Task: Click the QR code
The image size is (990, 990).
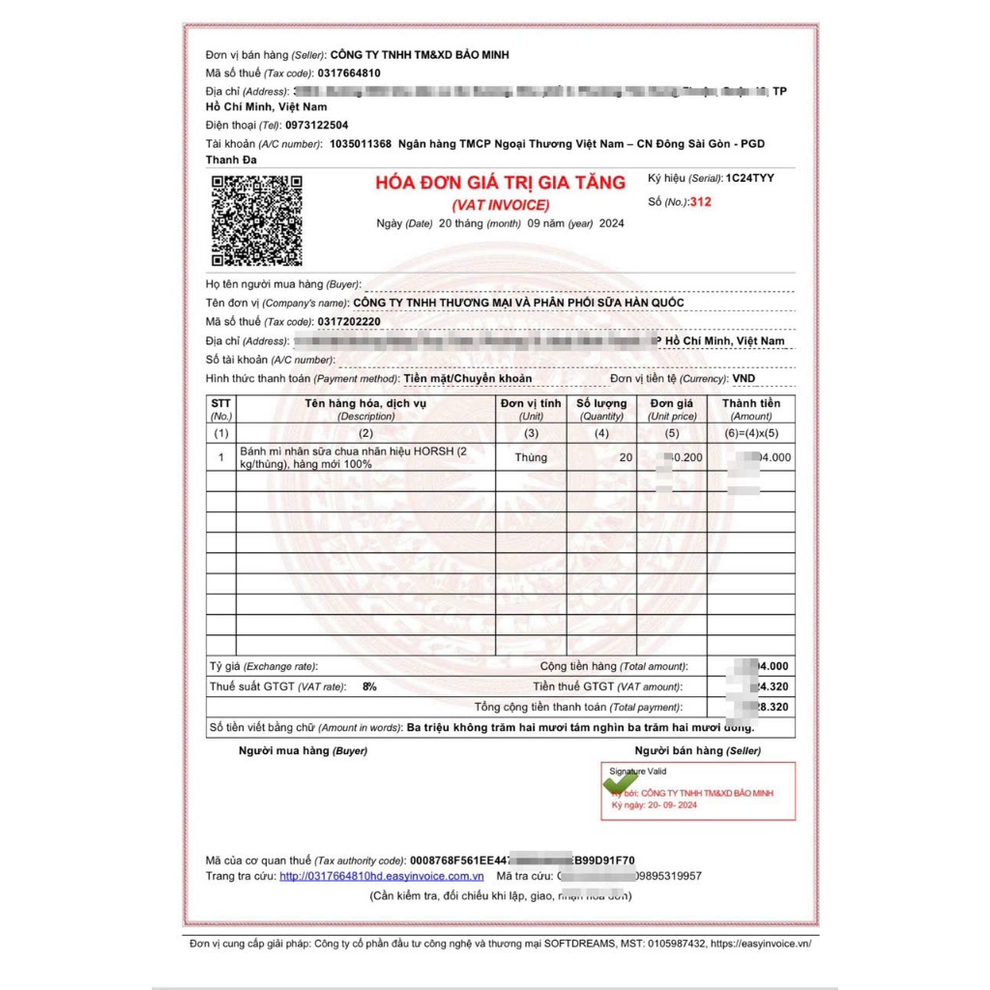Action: [x=257, y=220]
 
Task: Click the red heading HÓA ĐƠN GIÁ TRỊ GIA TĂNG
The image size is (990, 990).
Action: [x=500, y=183]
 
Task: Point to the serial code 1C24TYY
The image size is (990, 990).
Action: [x=749, y=178]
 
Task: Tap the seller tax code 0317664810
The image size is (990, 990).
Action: [x=349, y=73]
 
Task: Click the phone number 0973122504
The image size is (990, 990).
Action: [x=317, y=125]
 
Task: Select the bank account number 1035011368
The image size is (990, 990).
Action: [x=360, y=143]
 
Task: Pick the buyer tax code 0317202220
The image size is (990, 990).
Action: [x=349, y=321]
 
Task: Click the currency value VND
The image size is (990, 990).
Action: [x=743, y=378]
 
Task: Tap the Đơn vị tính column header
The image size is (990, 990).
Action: [x=531, y=403]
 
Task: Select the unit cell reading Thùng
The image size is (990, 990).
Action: [x=531, y=457]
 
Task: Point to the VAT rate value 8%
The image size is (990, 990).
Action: [x=369, y=685]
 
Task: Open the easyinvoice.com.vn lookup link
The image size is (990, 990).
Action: [x=382, y=876]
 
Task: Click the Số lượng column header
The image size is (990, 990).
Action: [x=601, y=403]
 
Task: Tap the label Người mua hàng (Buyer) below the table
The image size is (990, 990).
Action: [x=303, y=750]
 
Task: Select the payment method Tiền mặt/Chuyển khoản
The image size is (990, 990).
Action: [x=467, y=378]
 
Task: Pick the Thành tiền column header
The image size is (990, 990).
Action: [x=751, y=403]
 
